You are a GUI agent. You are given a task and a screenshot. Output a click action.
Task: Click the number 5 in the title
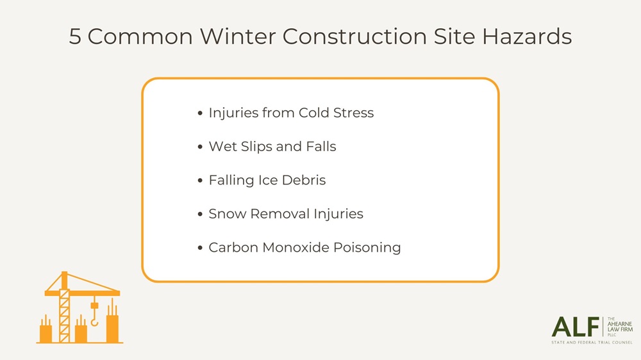75,37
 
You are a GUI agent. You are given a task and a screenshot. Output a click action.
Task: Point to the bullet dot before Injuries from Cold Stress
201,113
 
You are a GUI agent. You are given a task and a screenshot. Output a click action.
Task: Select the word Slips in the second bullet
255,147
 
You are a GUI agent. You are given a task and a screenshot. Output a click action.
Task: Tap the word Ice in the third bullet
267,180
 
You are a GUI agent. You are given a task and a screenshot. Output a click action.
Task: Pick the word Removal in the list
275,213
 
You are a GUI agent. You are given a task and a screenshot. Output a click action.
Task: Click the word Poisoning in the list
370,247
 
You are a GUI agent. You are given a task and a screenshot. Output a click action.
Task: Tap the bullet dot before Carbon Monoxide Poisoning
201,248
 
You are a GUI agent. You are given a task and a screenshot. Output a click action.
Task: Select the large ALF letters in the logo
575,327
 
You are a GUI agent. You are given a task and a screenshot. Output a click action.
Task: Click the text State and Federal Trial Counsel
592,343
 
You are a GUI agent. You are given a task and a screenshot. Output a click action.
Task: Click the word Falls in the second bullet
320,147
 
